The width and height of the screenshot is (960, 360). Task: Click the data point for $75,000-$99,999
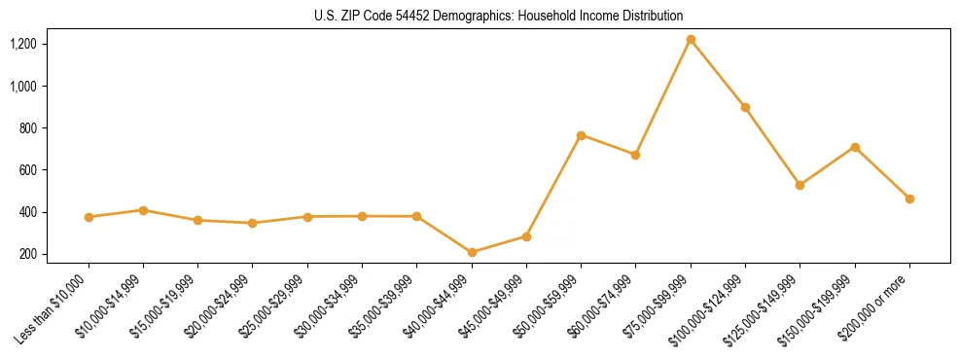click(691, 40)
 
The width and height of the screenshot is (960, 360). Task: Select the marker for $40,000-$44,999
click(472, 253)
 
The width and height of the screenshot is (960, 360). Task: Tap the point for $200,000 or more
click(909, 198)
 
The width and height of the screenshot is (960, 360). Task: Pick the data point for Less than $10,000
click(89, 217)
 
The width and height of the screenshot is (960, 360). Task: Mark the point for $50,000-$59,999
click(581, 135)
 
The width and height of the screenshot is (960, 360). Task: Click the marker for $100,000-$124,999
click(745, 107)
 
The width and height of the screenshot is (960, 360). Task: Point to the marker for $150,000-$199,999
click(855, 147)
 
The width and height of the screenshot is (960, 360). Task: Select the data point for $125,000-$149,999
click(800, 185)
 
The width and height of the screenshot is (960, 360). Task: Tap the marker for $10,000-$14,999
click(143, 210)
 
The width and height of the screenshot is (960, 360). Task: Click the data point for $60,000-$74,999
click(635, 155)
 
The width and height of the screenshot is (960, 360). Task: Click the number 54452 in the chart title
click(415, 16)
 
